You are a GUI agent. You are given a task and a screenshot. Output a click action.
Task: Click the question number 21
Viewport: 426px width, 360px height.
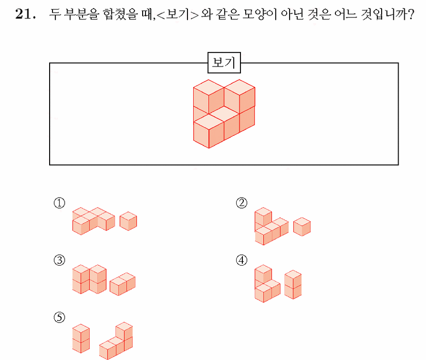coord(25,14)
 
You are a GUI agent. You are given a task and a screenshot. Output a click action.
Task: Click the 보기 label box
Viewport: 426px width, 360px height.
coord(224,63)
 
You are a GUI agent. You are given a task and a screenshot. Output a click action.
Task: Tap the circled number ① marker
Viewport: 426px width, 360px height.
coord(59,203)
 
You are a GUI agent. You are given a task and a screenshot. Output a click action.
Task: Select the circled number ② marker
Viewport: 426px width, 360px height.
coord(241,203)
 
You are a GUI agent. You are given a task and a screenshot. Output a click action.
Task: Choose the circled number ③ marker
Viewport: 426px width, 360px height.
coord(59,260)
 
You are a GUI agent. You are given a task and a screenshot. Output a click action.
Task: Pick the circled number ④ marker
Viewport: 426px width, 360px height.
coord(241,260)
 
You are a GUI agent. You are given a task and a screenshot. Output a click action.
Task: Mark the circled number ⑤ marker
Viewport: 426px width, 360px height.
coord(59,317)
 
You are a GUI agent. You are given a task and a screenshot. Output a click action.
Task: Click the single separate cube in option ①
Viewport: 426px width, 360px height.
coord(128,221)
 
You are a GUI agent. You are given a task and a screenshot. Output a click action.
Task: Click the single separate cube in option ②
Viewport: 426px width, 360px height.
coord(302,227)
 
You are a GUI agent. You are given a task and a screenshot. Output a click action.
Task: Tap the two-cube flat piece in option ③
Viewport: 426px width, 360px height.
coord(122,284)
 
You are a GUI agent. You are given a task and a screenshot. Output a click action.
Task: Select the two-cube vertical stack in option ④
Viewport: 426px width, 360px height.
coord(293,284)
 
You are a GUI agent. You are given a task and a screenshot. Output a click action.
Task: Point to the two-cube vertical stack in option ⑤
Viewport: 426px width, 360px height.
coord(81,338)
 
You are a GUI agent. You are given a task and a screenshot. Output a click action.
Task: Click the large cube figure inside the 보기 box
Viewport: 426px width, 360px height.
coord(224,114)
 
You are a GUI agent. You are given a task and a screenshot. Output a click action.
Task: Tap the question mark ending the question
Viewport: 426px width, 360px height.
coord(411,14)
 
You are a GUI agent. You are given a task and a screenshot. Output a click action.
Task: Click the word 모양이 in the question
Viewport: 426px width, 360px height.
coord(259,14)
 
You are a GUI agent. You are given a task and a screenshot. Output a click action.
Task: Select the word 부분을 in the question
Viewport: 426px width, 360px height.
coord(81,14)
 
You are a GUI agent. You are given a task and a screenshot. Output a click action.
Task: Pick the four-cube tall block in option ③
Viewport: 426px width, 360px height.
coord(89,280)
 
